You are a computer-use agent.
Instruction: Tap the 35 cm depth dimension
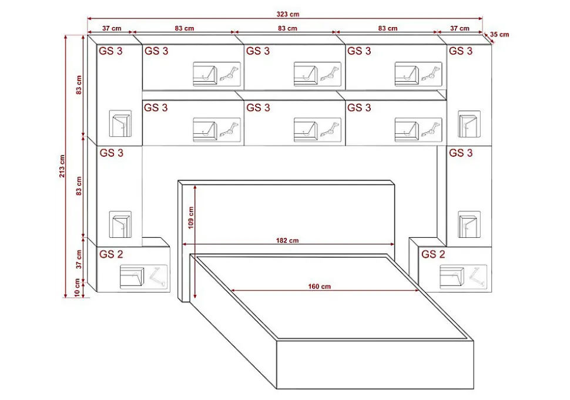tap(500, 34)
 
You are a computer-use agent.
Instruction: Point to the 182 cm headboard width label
tap(287, 240)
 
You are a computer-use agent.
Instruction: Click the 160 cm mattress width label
tap(319, 286)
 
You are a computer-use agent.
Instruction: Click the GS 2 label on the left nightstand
tap(111, 254)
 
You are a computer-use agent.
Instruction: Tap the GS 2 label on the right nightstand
tap(433, 254)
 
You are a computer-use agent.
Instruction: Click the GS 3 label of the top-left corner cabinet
tap(111, 51)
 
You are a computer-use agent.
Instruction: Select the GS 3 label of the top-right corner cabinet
tap(460, 51)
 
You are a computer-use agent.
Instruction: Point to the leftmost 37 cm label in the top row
tap(112, 28)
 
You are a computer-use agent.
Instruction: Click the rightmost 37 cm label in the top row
tap(460, 28)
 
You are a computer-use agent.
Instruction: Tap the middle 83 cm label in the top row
tap(287, 28)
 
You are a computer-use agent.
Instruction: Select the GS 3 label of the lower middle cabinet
tap(258, 108)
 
